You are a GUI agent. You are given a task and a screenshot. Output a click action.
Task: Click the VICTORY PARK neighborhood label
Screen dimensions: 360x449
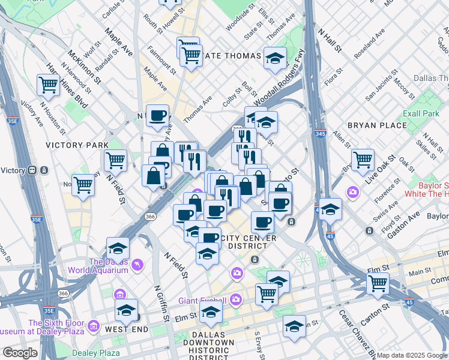[x=77, y=145]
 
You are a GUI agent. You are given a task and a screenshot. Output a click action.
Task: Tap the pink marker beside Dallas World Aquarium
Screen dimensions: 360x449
[x=139, y=265]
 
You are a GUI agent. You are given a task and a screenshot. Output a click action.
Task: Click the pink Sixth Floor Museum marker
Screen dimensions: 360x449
[x=93, y=326]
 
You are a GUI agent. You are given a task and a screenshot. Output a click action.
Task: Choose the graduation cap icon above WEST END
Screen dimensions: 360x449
[x=126, y=309]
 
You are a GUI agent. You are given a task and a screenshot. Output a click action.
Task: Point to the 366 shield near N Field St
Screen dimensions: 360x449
[x=150, y=217]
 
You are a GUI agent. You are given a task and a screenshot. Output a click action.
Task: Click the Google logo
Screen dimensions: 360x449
[x=20, y=353]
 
